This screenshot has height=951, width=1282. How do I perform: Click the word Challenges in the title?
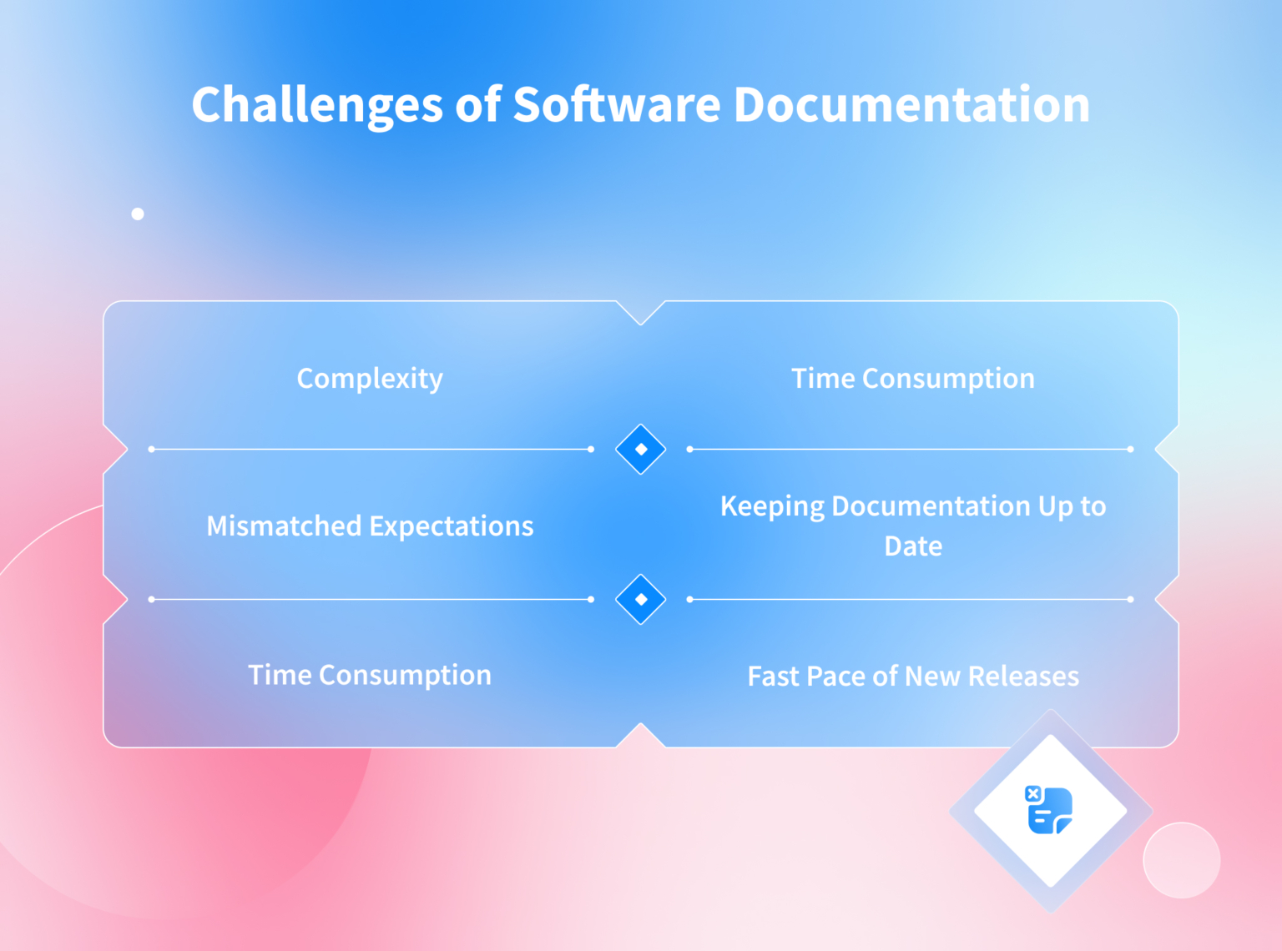pos(317,106)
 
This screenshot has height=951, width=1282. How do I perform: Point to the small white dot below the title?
pos(138,214)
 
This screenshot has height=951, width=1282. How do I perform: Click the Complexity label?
pos(370,379)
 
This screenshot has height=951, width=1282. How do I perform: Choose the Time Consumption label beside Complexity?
pos(913,379)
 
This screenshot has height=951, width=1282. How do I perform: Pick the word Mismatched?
pos(284,526)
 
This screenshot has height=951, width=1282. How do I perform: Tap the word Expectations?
pos(452,526)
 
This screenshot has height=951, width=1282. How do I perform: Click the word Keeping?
pos(772,506)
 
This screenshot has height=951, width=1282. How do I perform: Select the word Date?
pos(913,546)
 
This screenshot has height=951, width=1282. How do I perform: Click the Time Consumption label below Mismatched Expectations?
pos(370,675)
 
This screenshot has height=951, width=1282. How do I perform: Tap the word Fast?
pos(774,677)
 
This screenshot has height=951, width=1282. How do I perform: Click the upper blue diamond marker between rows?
pos(640,449)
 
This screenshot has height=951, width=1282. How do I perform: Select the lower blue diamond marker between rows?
pos(640,599)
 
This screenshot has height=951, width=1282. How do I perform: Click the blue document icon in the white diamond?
pos(1051,811)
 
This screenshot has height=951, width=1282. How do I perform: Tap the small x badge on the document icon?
pos(1033,793)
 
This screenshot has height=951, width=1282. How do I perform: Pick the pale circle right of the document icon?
pos(1181,860)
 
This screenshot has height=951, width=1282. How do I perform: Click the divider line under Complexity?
pos(371,449)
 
